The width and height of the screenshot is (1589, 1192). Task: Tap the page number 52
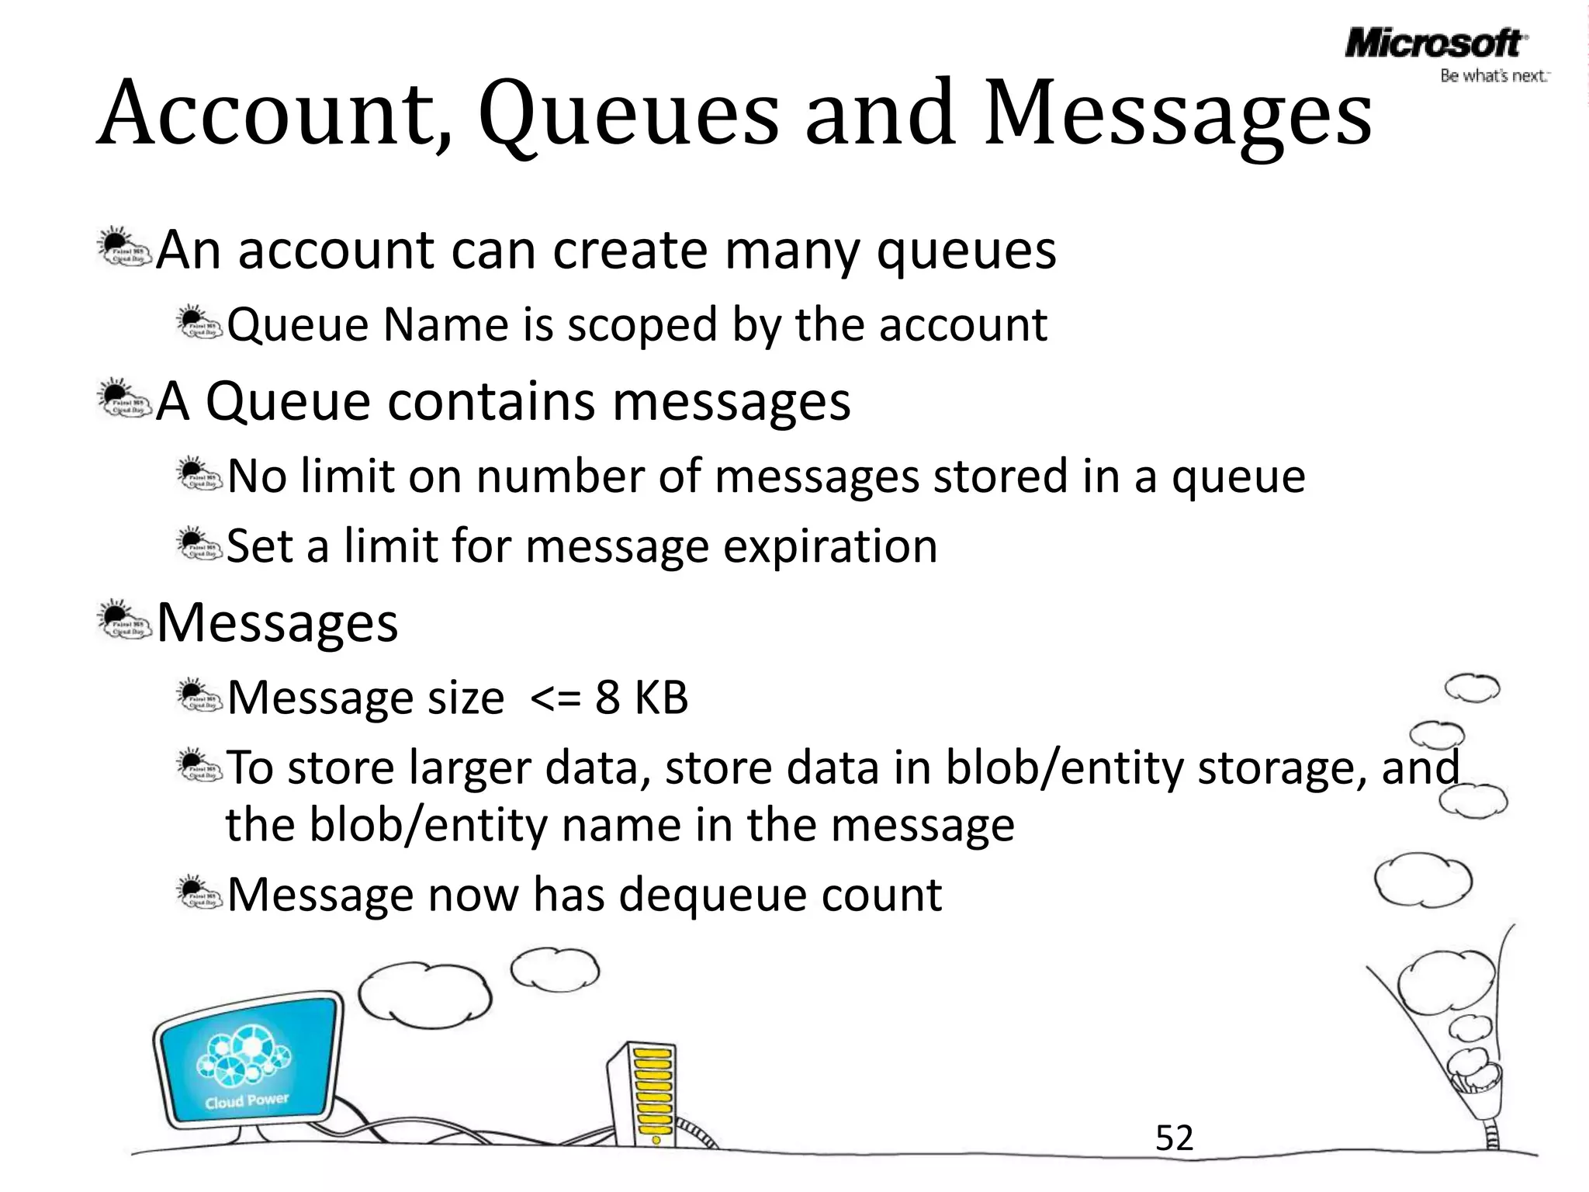(x=1174, y=1138)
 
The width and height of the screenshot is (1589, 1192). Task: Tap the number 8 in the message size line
(x=608, y=697)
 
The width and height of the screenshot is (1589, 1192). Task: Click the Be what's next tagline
(x=1494, y=76)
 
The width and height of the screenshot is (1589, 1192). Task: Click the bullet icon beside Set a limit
(x=199, y=542)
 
